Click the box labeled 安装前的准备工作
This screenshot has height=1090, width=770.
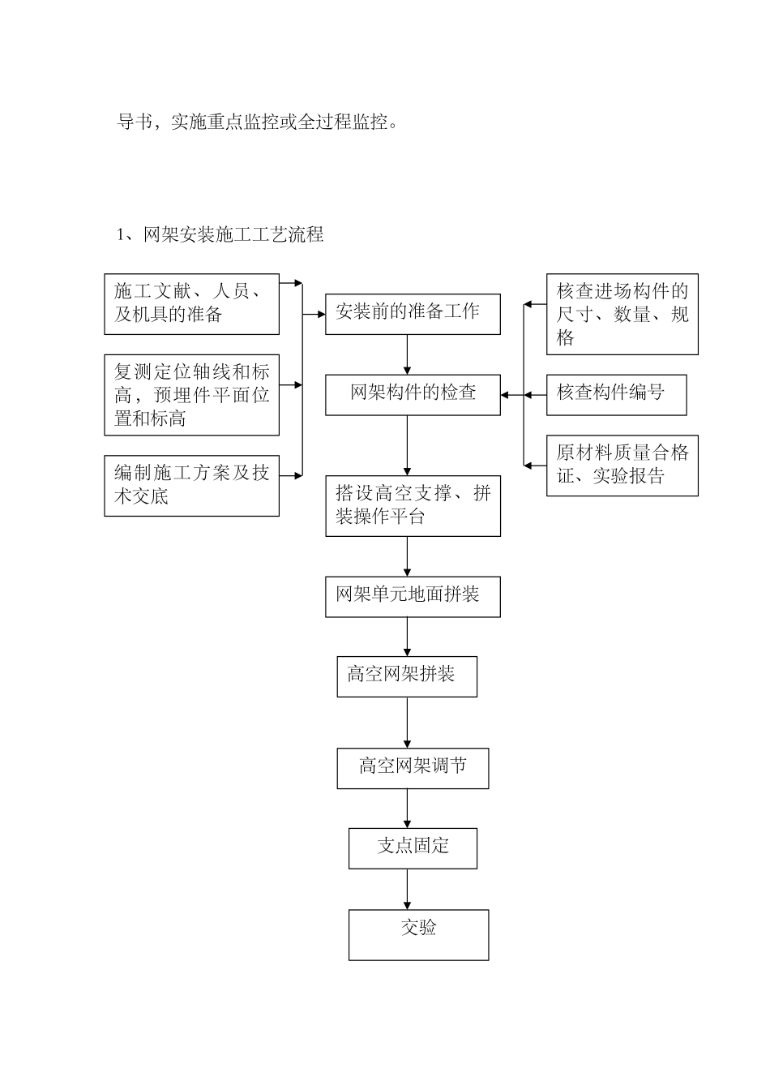click(x=413, y=313)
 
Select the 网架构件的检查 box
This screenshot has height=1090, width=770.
click(x=413, y=394)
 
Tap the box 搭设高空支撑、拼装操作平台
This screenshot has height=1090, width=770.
click(x=413, y=505)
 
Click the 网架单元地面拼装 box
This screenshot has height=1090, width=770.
click(x=413, y=596)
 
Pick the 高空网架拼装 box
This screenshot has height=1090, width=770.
click(x=407, y=676)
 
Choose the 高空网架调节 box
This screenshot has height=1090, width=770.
click(x=413, y=767)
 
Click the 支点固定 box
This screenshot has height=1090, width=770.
click(x=413, y=848)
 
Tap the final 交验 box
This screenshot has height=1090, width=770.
click(x=418, y=934)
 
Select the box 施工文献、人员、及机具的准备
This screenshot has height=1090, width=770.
click(x=191, y=304)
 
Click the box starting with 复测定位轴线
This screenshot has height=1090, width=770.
click(x=191, y=395)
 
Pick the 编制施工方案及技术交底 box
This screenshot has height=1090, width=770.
click(x=191, y=485)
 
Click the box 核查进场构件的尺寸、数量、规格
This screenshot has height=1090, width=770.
click(x=622, y=314)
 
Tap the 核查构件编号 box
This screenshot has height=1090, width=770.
click(x=616, y=395)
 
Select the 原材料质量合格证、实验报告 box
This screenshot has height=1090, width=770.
click(x=622, y=466)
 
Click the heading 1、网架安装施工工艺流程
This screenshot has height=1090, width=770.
click(x=220, y=235)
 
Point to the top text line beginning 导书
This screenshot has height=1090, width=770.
click(x=259, y=122)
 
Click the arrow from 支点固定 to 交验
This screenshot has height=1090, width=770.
click(x=407, y=889)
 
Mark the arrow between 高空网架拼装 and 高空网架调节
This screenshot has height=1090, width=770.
click(x=407, y=722)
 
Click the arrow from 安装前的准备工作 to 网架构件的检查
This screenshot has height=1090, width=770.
click(x=407, y=354)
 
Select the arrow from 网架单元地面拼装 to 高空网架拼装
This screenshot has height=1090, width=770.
click(x=407, y=637)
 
